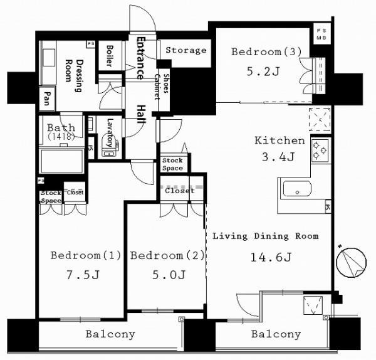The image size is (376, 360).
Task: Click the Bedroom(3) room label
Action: pos(261,51)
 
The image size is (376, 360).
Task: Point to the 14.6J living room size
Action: pos(266,256)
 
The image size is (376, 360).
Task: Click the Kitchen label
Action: pos(279,140)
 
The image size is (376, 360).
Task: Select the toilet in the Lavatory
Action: pos(108,143)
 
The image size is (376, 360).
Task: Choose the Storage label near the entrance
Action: pos(186,50)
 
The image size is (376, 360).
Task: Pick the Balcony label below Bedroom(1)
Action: pos(110,334)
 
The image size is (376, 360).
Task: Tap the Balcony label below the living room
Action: pos(276,334)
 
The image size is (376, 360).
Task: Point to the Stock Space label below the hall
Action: pos(172,164)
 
